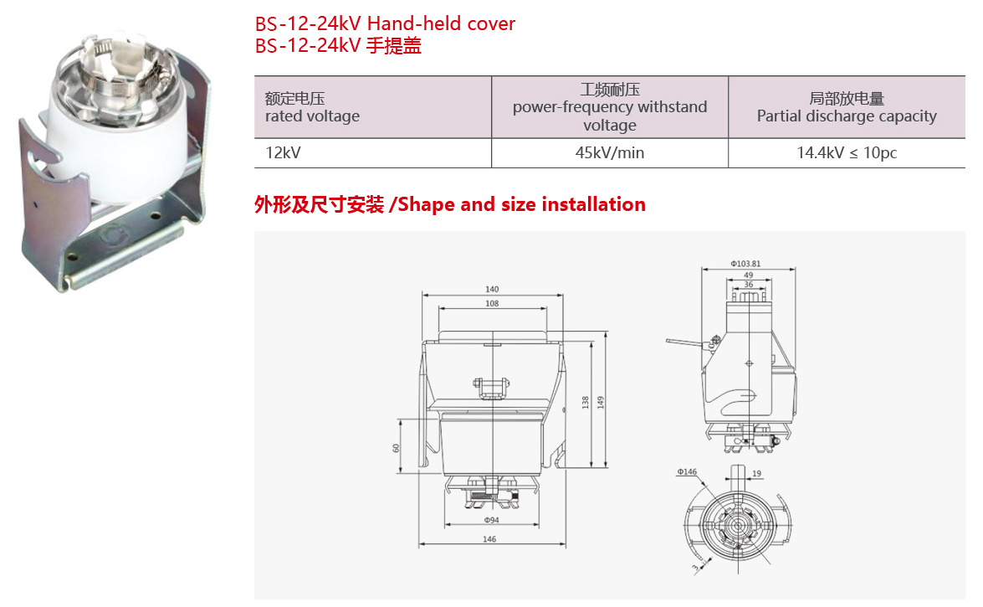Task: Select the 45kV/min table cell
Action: (x=609, y=152)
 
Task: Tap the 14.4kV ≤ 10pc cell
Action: (x=847, y=152)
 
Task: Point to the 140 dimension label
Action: (x=492, y=290)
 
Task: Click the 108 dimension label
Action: (x=492, y=303)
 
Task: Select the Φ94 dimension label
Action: (x=492, y=520)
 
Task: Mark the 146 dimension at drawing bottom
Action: (x=489, y=539)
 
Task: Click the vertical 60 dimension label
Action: (x=396, y=448)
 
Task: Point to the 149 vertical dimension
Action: (x=600, y=403)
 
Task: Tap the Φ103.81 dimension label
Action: (x=745, y=264)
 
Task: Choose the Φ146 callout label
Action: (x=687, y=471)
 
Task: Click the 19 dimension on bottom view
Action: (x=756, y=473)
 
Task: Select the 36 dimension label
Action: (x=749, y=285)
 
